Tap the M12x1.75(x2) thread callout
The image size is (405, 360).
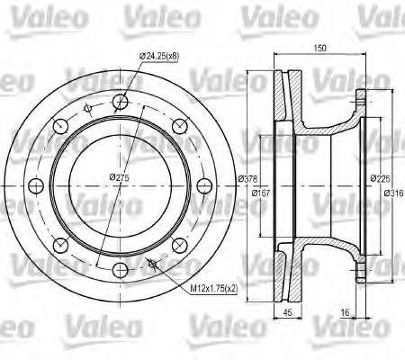pyautogui.click(x=212, y=290)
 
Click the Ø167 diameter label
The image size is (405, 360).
pyautogui.click(x=262, y=193)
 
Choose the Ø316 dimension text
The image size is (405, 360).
pyautogui.click(x=393, y=193)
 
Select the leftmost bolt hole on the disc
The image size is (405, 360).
pyautogui.click(x=36, y=186)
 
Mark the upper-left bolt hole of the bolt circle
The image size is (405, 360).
pyautogui.click(x=61, y=125)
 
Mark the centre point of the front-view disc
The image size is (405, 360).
pyautogui.click(x=121, y=186)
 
